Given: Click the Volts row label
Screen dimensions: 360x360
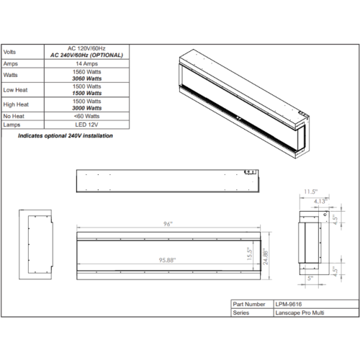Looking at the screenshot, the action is [9, 52].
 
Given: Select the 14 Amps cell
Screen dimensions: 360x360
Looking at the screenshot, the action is [87, 63].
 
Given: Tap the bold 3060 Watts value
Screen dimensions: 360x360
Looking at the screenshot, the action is [87, 78].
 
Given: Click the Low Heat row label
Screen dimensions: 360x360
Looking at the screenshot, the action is [15, 90].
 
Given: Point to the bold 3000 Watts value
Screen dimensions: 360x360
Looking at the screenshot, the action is [87, 108].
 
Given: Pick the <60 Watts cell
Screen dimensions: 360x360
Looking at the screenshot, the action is [87, 116].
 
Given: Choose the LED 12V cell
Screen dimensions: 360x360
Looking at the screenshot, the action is [86, 125].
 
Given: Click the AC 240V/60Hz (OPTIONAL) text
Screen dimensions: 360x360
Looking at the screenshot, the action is [86, 55].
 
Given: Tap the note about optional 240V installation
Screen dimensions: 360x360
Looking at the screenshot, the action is [66, 135].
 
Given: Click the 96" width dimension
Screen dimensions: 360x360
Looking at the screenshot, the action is [168, 224].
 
